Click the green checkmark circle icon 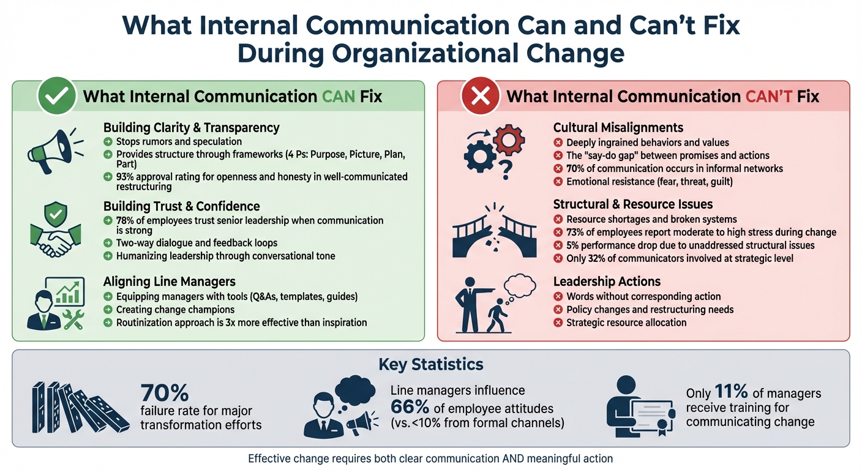pyautogui.click(x=57, y=97)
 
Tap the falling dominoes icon pyautogui.click(x=78, y=406)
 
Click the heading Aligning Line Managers pyautogui.click(x=170, y=282)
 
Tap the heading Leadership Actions pyautogui.click(x=607, y=282)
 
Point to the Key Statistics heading pyautogui.click(x=430, y=365)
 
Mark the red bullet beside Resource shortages pyautogui.click(x=558, y=219)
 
